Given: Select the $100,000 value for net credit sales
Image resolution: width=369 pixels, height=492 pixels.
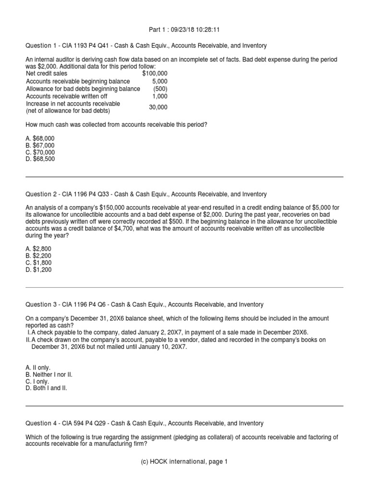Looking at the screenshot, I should pos(155,74).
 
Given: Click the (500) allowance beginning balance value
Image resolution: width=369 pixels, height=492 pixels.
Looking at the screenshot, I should pos(160,88).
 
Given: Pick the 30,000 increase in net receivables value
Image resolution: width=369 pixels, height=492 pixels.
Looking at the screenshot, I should pos(158,107).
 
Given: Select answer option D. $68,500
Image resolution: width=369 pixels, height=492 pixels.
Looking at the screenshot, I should pos(40,159).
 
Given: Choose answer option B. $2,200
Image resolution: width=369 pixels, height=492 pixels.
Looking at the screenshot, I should pos(39,256).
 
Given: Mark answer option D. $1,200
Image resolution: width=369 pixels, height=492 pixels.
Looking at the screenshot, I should pos(39,270).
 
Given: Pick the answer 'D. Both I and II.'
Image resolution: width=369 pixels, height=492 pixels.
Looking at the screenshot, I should pos(47,388).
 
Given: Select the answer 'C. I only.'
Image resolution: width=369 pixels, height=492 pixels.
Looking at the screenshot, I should pos(38,381).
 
